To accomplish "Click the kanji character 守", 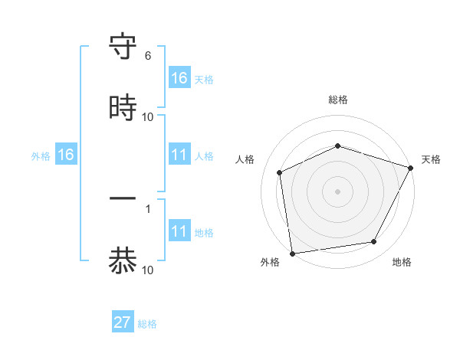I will (123, 47).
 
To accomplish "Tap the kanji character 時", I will (123, 108).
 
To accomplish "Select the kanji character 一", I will (123, 199).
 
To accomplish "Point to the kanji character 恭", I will (123, 260).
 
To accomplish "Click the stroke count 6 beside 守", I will (148, 56).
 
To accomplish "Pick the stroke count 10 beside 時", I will (148, 117).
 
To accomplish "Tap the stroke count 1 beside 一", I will (148, 208).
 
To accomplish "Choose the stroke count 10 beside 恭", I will (148, 270).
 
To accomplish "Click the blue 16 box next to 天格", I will (179, 78).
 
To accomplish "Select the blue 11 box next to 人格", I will (179, 155).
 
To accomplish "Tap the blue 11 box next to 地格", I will (179, 231).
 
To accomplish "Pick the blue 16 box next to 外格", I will (66, 155).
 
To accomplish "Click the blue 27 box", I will (123, 322).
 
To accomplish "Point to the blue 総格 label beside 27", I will (147, 324).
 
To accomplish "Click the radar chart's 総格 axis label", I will (338, 100).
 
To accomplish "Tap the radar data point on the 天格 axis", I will (411, 168).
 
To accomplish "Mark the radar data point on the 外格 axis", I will (292, 253).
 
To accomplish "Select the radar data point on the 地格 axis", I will (374, 242).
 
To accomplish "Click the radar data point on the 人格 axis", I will (280, 172).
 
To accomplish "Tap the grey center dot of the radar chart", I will (338, 191).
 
